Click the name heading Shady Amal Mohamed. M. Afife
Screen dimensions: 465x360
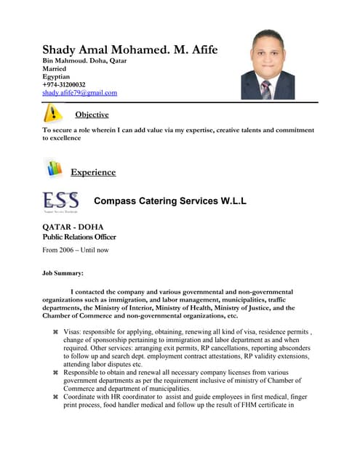pos(129,50)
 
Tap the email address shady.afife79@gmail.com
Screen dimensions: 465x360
pos(79,93)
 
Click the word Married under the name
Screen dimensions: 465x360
pos(55,68)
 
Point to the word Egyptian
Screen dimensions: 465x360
pos(56,76)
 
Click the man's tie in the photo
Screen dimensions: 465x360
pos(266,89)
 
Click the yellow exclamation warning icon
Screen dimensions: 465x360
pos(52,113)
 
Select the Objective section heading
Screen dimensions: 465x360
pos(92,115)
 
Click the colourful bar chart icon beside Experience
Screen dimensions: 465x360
pos(53,168)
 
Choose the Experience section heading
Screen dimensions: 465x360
pos(92,172)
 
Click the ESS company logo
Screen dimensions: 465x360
pos(61,201)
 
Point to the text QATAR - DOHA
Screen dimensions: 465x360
pos(72,227)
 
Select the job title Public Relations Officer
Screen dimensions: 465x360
pos(79,237)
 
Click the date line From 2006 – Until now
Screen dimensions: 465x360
pos(76,250)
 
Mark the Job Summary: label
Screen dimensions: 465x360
pos(63,274)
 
